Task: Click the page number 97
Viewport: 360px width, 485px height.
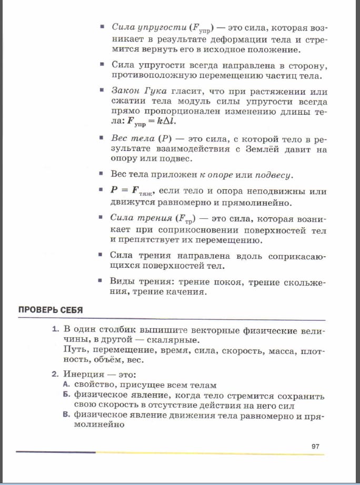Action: [315, 447]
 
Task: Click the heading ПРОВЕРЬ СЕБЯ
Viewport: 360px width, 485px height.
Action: [51, 310]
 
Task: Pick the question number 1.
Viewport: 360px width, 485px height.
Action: [55, 329]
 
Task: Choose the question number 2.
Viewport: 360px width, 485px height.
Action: [55, 375]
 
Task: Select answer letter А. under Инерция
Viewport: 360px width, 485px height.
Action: [66, 385]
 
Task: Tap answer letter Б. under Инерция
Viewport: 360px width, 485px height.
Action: [66, 396]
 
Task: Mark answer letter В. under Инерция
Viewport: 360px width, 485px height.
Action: [66, 416]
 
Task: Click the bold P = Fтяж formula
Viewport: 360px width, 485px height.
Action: [131, 192]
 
